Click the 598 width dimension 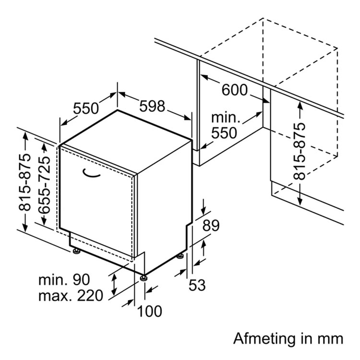[x=152, y=106]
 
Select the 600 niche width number [x=235, y=90]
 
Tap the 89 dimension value [x=211, y=226]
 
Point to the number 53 [x=197, y=285]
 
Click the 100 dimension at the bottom [x=149, y=312]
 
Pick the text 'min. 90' [x=64, y=280]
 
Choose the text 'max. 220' [x=71, y=296]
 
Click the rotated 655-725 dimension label [x=44, y=185]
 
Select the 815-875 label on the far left [x=24, y=182]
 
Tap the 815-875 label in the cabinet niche [x=300, y=151]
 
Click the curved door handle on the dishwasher [x=91, y=174]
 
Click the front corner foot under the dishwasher [x=144, y=277]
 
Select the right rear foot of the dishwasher [x=180, y=255]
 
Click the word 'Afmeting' [x=264, y=339]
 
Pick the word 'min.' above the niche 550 [x=226, y=117]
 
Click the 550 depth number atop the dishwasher [x=86, y=108]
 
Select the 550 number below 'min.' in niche [x=224, y=132]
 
